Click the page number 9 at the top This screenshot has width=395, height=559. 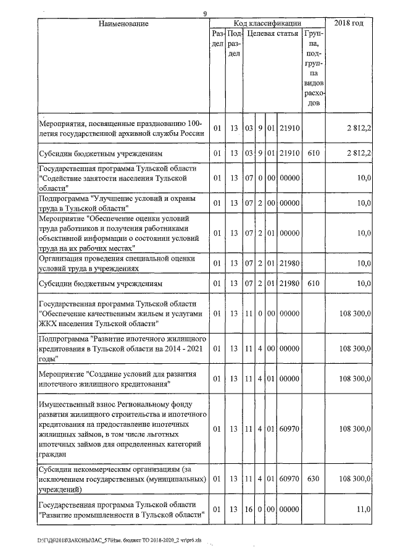204,14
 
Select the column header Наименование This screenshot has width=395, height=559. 123,23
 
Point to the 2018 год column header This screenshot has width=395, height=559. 349,23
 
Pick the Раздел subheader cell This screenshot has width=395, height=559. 216,39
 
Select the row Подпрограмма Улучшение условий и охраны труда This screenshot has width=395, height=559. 117,203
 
